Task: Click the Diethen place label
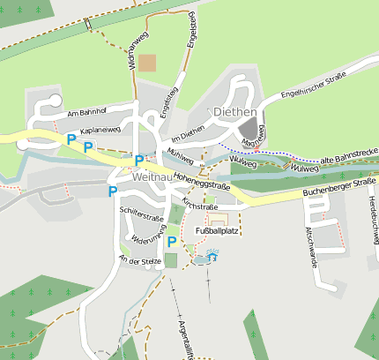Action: tap(234, 112)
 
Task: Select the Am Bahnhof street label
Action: tap(86, 112)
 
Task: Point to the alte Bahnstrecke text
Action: tap(350, 156)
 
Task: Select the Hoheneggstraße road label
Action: tap(202, 182)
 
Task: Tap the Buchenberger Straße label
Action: tap(339, 186)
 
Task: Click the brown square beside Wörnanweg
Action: tap(147, 63)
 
